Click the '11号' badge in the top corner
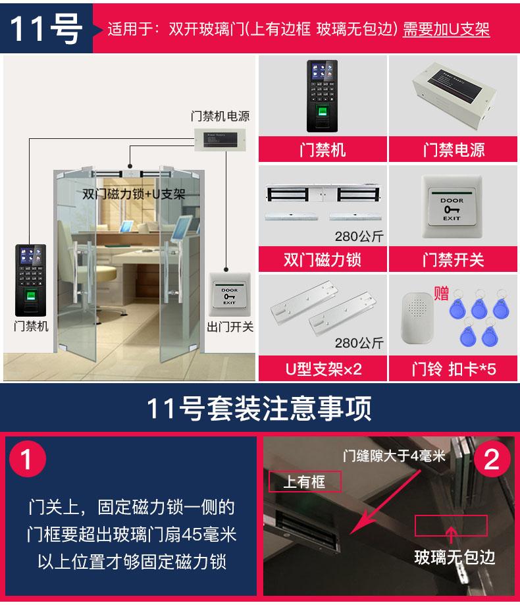[x=46, y=28]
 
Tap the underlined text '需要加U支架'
[x=446, y=30]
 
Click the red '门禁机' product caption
[x=323, y=149]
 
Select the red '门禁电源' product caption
[x=454, y=149]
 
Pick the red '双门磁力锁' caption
[x=323, y=259]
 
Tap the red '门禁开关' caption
[x=454, y=259]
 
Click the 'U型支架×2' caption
[x=323, y=369]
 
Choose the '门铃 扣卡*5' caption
[x=454, y=369]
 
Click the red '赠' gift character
[x=441, y=293]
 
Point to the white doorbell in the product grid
[x=417, y=319]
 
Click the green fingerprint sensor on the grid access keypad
[x=323, y=111]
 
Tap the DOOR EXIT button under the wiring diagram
[x=230, y=295]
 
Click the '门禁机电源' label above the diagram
[x=221, y=116]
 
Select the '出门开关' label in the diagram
[x=230, y=327]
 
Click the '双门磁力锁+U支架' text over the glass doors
[x=134, y=194]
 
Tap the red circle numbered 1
[x=28, y=459]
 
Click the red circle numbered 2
[x=492, y=459]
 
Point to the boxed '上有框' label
[x=305, y=481]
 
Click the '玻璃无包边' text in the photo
[x=455, y=558]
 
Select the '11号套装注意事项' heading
[x=259, y=408]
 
